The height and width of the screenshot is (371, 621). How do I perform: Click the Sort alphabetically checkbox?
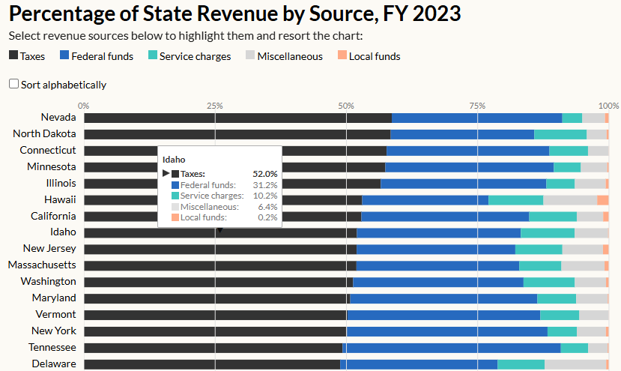[13, 85]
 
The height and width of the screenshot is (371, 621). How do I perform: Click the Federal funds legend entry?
[97, 56]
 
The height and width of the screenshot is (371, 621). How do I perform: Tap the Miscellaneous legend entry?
[284, 56]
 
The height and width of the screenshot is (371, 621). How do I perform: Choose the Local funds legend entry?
[369, 56]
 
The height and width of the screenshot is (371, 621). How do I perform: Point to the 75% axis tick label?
[477, 105]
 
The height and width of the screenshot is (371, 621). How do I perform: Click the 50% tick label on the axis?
[346, 105]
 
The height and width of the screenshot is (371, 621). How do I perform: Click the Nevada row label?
[58, 118]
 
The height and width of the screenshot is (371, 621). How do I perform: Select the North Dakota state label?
[44, 134]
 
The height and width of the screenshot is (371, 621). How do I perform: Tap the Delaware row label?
[54, 364]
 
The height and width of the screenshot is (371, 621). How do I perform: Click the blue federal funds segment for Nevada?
[476, 118]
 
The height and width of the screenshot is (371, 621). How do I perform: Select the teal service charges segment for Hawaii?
[515, 200]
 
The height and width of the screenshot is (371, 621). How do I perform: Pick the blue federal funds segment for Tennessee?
[451, 348]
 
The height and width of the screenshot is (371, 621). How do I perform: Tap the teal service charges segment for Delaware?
[521, 364]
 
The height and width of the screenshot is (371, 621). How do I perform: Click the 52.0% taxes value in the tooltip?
[264, 174]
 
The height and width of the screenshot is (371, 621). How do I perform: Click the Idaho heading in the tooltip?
[174, 160]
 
